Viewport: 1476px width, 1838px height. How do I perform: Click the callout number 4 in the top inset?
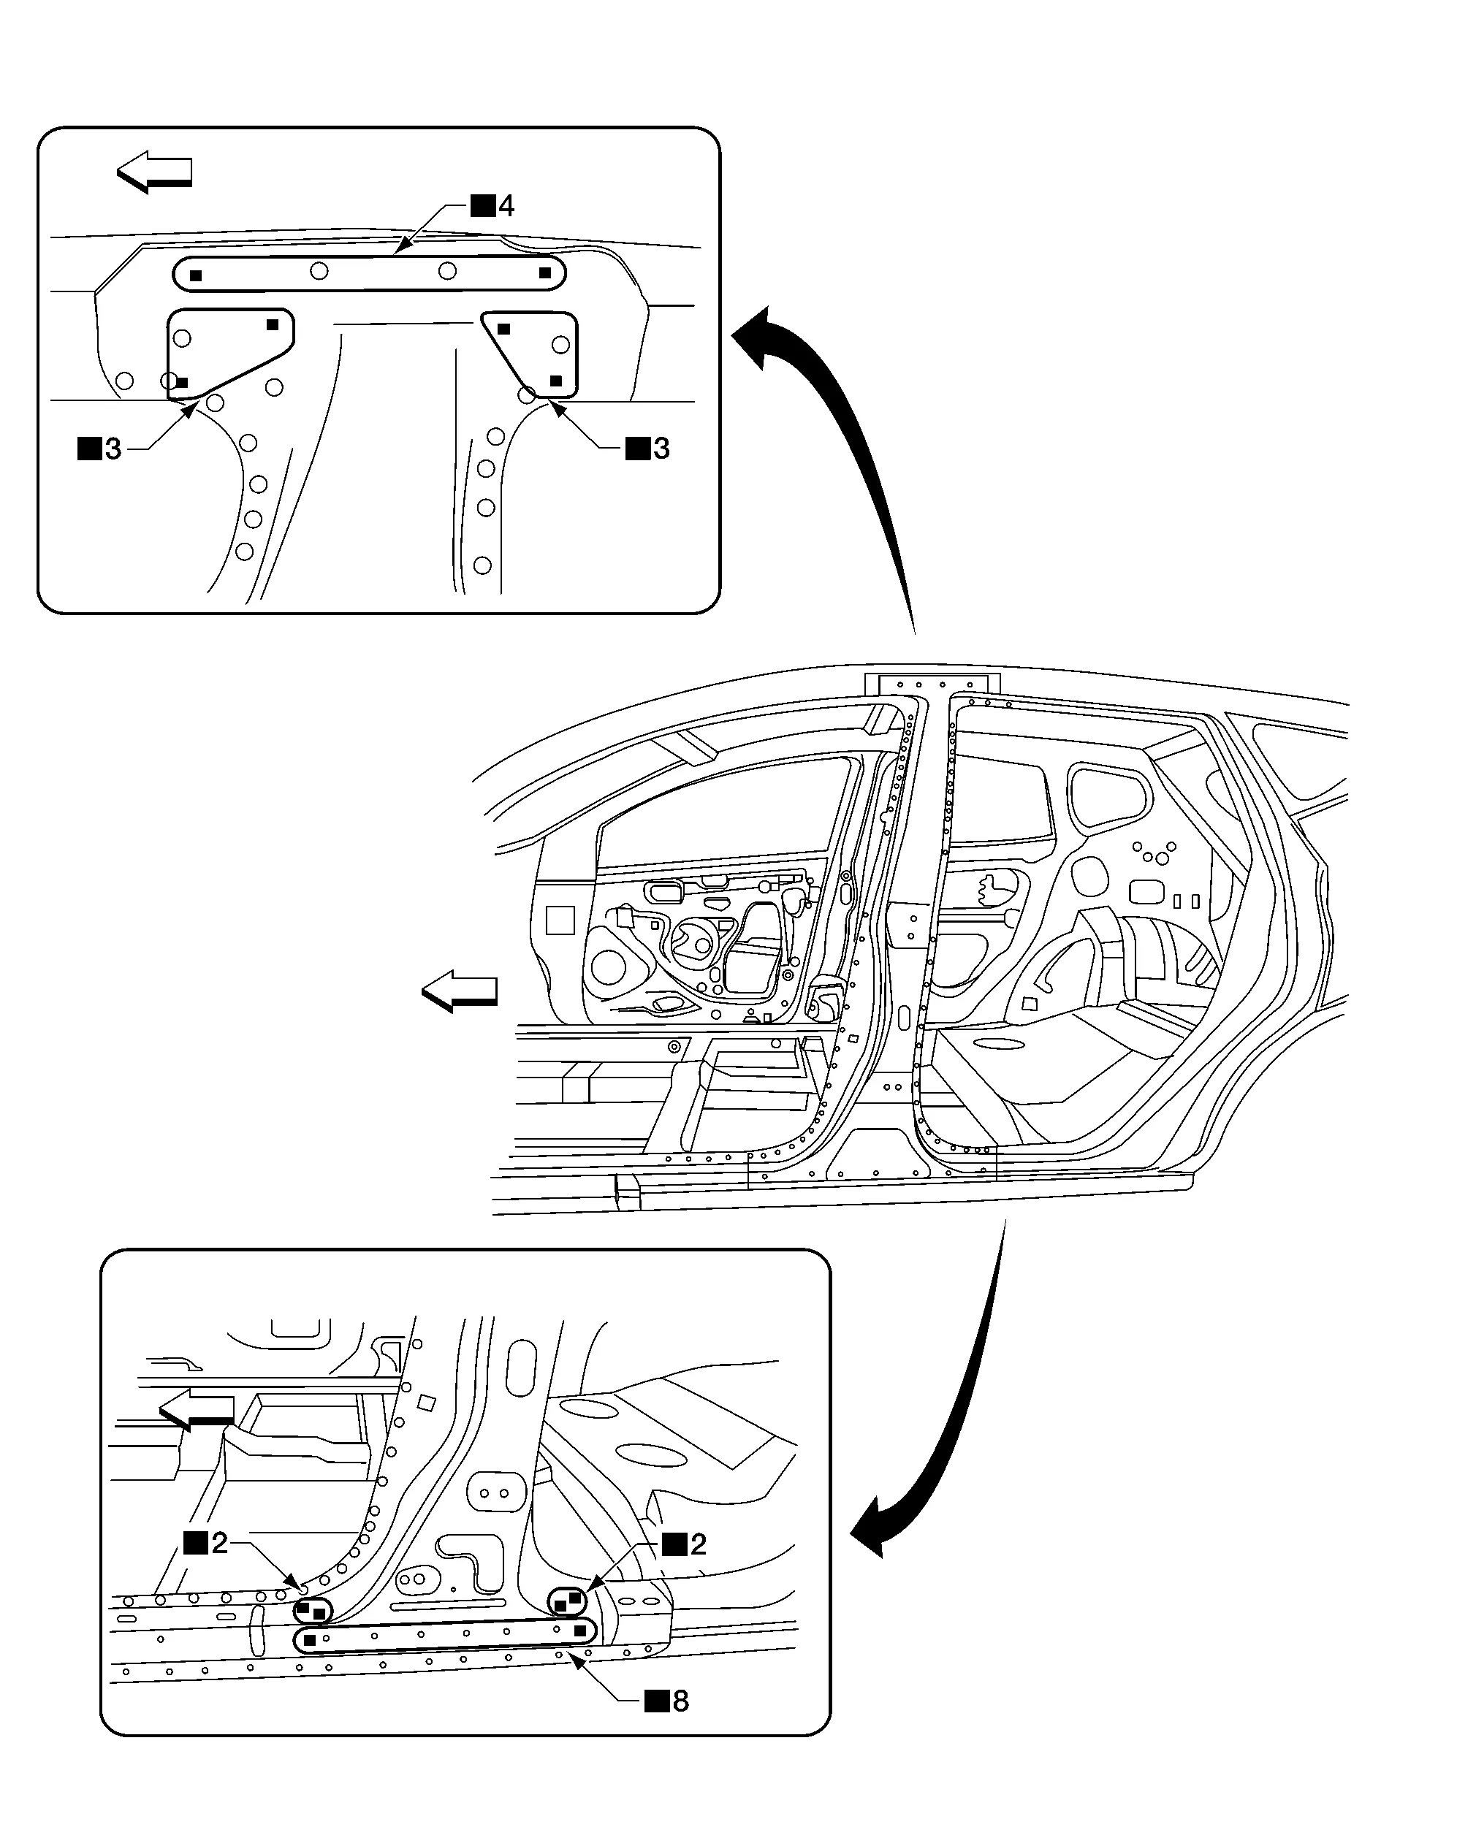pos(506,205)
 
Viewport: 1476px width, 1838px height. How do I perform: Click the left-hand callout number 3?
pos(113,449)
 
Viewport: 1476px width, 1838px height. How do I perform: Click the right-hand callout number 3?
pos(661,449)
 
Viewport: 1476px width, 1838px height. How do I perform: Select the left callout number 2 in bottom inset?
pos(219,1543)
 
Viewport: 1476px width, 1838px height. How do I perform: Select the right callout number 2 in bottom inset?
pos(699,1544)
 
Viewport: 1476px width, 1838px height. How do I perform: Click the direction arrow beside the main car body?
pos(460,991)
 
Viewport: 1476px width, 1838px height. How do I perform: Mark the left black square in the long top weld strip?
pos(196,275)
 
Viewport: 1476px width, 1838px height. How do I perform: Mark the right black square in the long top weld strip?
pos(545,272)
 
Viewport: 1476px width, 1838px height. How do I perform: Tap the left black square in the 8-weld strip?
pos(311,1639)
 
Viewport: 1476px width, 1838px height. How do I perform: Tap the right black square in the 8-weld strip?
pos(580,1631)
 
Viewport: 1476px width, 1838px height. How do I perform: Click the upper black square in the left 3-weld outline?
pos(273,325)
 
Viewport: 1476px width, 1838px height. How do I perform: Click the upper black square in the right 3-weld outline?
pos(504,329)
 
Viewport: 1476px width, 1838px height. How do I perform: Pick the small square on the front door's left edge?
pos(560,920)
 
